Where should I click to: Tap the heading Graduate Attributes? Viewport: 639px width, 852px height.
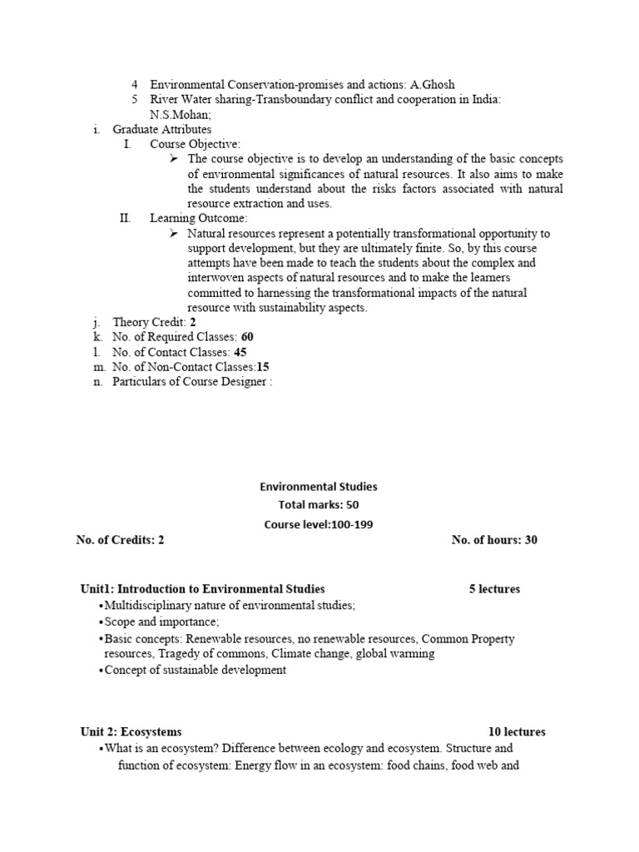click(x=161, y=129)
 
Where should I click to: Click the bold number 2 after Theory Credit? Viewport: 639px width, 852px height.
click(x=193, y=322)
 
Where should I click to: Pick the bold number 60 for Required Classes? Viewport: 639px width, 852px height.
click(x=247, y=337)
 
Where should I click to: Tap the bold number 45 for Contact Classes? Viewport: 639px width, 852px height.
click(x=240, y=352)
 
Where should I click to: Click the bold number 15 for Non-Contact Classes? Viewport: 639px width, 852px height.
click(x=263, y=367)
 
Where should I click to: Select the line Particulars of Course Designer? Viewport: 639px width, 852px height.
click(x=192, y=382)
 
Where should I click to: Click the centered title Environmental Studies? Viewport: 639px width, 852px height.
click(x=319, y=487)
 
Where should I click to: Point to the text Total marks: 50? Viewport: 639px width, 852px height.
click(x=319, y=505)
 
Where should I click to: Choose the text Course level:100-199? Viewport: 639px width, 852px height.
click(x=319, y=524)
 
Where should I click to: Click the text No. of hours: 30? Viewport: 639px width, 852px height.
click(x=494, y=540)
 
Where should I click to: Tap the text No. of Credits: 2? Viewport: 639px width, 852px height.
click(x=120, y=540)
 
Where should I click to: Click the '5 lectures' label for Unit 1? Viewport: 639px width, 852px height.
click(x=494, y=589)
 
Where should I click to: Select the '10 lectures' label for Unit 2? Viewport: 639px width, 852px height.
click(x=517, y=732)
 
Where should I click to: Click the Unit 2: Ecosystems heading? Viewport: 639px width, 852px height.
click(x=131, y=732)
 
